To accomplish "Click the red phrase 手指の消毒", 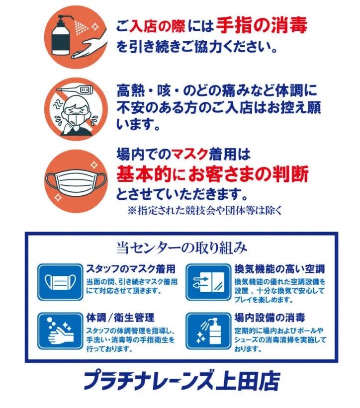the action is (x=262, y=25).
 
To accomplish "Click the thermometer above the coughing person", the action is (x=74, y=90).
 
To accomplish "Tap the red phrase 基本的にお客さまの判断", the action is (x=212, y=173).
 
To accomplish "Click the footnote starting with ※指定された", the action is (x=204, y=210).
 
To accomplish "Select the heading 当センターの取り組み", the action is (x=181, y=247).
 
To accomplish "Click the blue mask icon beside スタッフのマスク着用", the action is (x=60, y=282).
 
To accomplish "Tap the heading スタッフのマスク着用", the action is (x=131, y=269).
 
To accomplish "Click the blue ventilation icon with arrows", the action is (x=208, y=282).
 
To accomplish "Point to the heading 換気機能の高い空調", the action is (x=279, y=269).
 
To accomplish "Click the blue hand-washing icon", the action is (x=60, y=331).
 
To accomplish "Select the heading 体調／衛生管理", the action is (x=120, y=318).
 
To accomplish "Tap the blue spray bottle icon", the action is (x=208, y=331).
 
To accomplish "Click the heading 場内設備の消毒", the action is (x=270, y=318).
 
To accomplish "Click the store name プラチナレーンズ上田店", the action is (x=181, y=381).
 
